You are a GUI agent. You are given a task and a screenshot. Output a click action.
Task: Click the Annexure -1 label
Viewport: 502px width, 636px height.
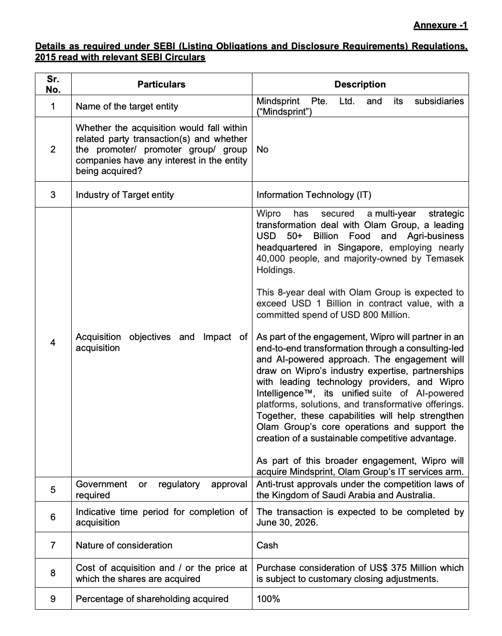[440, 25]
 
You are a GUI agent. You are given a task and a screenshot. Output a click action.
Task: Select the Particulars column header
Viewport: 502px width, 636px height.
[161, 84]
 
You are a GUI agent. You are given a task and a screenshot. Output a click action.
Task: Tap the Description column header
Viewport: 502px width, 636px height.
[360, 84]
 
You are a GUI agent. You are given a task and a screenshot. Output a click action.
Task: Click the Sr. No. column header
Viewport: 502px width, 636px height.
[53, 84]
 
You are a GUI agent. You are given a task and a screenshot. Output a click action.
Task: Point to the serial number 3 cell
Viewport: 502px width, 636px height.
[53, 195]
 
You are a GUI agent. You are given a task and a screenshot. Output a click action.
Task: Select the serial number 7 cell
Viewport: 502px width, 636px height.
[53, 545]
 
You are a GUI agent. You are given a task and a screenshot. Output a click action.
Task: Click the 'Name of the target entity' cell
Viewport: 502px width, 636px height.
[127, 106]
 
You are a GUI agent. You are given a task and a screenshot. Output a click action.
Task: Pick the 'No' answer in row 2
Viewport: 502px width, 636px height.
[262, 149]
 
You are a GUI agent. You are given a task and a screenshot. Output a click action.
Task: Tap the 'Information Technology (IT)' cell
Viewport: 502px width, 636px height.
[314, 195]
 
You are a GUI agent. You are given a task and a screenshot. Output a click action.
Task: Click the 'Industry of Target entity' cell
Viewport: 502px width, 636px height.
[125, 195]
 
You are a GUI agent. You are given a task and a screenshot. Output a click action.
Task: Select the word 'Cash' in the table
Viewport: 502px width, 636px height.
[267, 545]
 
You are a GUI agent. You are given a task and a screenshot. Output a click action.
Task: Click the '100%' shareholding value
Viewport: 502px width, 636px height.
[268, 599]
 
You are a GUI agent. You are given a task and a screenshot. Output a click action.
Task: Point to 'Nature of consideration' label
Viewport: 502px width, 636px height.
[124, 545]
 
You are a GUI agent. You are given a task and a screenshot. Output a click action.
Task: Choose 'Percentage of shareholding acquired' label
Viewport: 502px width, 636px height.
[152, 599]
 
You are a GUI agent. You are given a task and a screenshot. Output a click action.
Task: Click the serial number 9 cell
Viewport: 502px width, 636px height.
[53, 599]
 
